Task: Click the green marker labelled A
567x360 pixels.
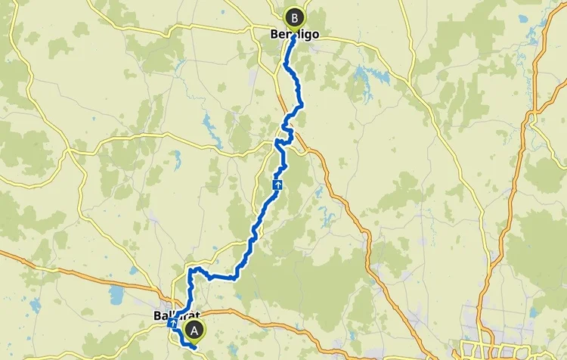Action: [196, 330]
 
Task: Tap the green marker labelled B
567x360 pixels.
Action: [294, 16]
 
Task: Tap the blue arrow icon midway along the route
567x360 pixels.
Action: [278, 183]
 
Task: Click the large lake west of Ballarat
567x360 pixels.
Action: [117, 293]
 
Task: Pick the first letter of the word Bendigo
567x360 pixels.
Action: [274, 34]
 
